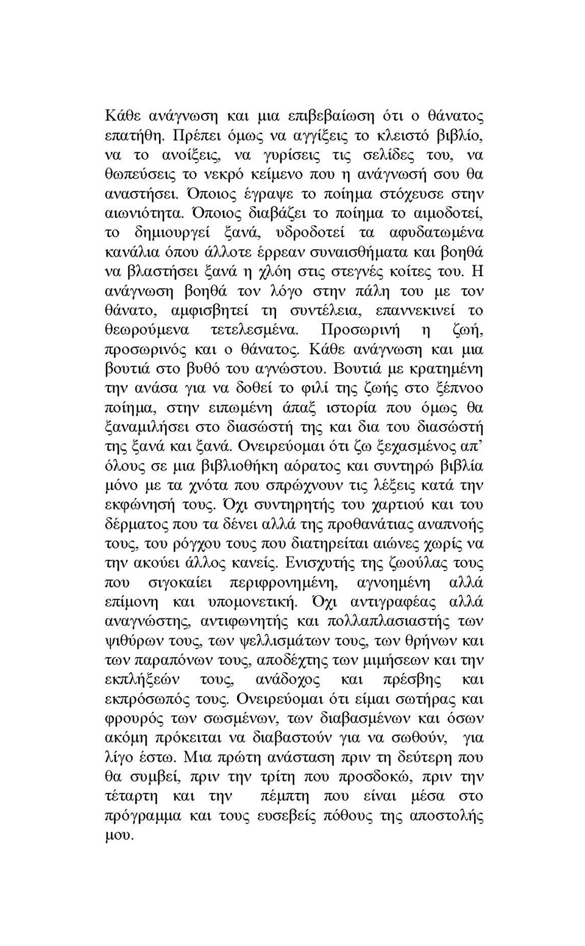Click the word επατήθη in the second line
tap(132, 136)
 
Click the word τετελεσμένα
tap(254, 330)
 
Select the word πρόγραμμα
tap(143, 816)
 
